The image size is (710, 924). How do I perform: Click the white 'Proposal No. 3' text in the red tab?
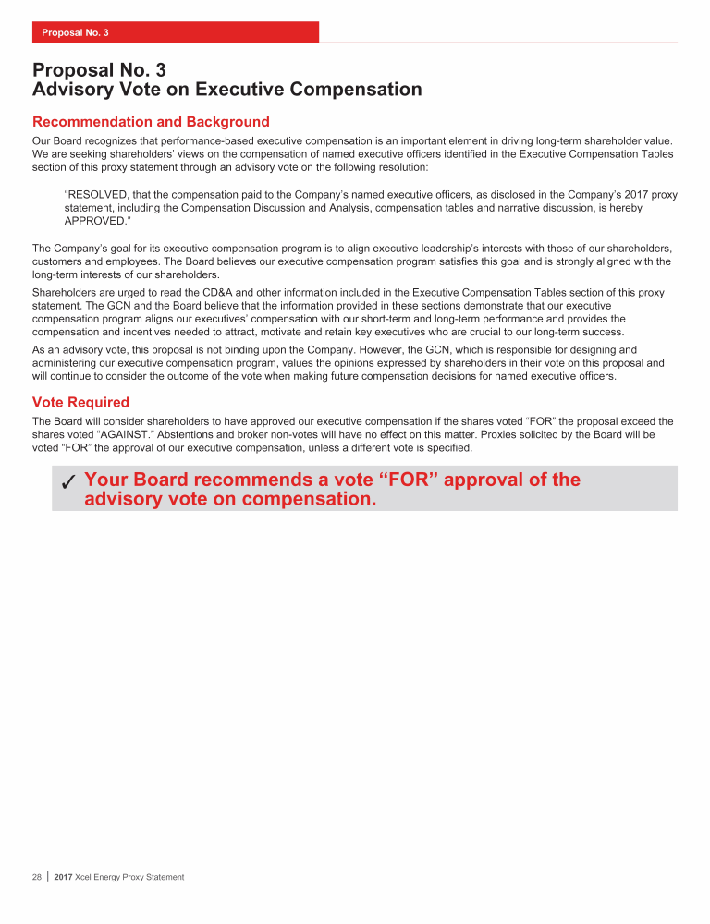75,32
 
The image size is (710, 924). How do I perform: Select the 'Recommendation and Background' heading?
151,122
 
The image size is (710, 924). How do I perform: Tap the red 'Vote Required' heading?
80,402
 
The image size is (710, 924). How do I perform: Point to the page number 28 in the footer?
37,876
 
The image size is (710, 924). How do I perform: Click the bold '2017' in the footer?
65,876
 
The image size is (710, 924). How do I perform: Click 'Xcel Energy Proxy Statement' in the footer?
130,876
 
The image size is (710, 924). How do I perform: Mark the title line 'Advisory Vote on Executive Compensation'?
227,90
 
